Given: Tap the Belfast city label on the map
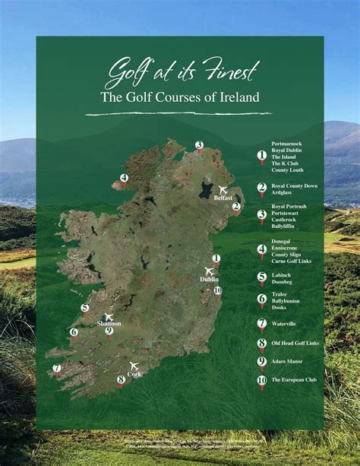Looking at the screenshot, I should coord(223,198).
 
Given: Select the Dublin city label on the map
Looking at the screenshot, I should coord(209,279).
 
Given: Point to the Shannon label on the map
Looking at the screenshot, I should coord(109,324).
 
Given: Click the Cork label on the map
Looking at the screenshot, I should coord(134,374).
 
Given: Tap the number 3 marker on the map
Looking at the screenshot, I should coord(199,145).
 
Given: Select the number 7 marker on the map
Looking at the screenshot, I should coord(57,369).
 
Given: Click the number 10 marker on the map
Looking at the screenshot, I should coord(218,290).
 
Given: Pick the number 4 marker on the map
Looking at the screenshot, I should coord(124,179).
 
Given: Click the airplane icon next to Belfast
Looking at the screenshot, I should coord(223,189).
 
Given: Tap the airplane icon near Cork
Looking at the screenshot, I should coord(134,366).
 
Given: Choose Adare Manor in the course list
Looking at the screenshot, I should coord(289,361).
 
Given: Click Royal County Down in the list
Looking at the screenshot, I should coord(295,185).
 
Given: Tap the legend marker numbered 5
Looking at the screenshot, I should coord(262,277).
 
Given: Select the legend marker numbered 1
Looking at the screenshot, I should coord(262,155).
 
